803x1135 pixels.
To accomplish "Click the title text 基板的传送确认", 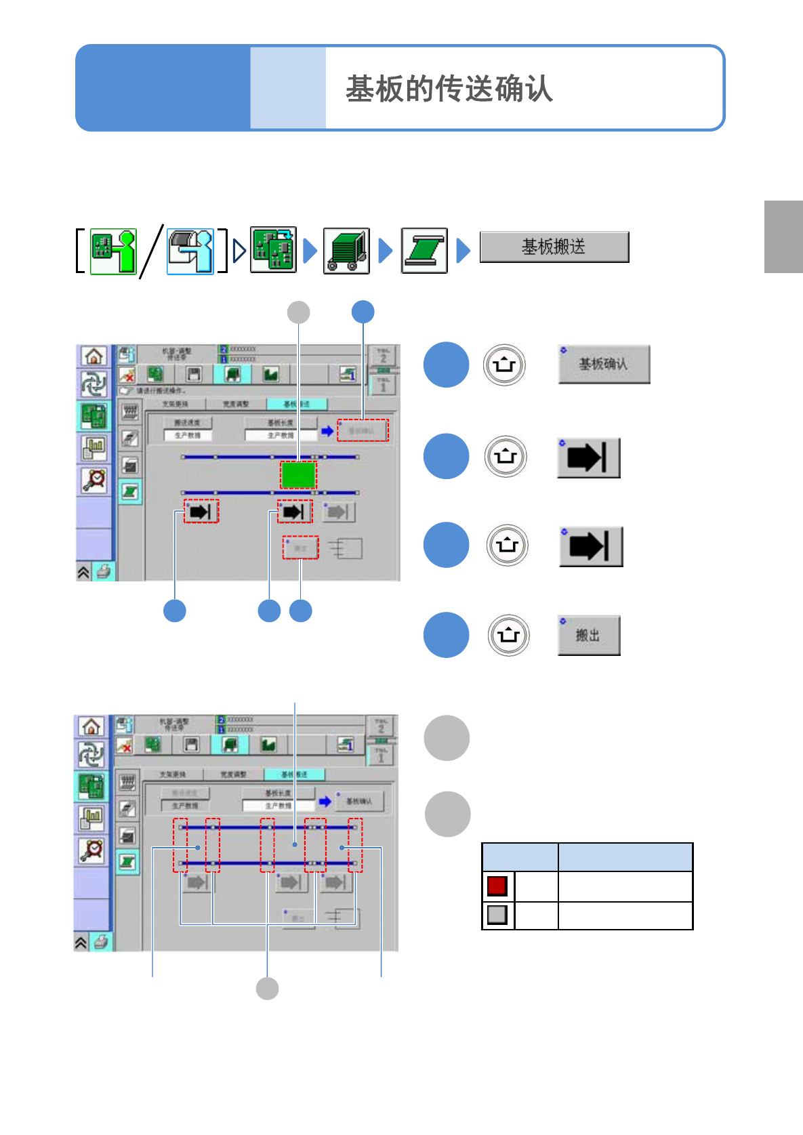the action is click(x=449, y=89).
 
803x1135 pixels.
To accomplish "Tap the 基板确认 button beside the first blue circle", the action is click(x=604, y=365).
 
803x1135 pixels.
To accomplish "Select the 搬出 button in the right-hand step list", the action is click(x=588, y=636).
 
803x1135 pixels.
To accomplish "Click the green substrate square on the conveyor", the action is click(x=298, y=474).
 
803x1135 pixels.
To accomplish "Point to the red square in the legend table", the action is click(x=497, y=886).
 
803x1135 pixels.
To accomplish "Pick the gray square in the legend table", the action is click(x=497, y=915).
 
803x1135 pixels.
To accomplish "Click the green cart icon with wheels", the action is click(x=346, y=251).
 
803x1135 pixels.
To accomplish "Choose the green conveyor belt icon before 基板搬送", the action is click(x=424, y=251).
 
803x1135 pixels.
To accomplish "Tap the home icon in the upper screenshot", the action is click(x=94, y=356).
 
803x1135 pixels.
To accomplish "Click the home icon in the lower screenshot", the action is click(x=91, y=726).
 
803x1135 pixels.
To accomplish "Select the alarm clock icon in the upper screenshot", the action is click(x=94, y=479).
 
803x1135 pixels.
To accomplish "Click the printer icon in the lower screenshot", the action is click(x=101, y=942).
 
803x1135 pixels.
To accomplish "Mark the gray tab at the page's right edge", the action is click(x=783, y=236).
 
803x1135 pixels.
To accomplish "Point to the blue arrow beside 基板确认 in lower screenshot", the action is click(x=325, y=801).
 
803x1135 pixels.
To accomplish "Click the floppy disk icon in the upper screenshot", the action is click(x=194, y=374).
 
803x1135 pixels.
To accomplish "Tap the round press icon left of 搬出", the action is click(x=508, y=635).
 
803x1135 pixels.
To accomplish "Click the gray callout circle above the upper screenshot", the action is click(x=299, y=312).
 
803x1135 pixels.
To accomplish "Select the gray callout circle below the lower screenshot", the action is click(x=267, y=989).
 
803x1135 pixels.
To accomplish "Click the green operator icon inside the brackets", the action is click(x=113, y=251).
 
